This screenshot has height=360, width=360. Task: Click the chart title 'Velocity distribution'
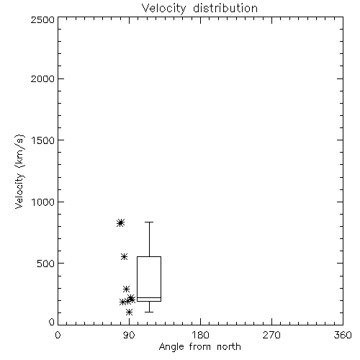199,9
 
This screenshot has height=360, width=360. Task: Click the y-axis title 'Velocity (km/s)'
19,171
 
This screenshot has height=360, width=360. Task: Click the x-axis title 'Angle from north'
199,347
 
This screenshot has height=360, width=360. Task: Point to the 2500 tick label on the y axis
42,19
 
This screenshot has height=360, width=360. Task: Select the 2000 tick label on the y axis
42,78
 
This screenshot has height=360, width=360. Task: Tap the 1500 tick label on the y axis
43,140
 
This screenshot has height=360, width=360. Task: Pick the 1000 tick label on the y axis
43,202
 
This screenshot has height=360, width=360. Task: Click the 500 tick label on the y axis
46,264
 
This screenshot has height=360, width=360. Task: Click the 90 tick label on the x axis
129,335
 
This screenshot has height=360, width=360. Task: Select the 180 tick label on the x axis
200,335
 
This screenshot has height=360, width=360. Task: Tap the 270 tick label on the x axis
271,335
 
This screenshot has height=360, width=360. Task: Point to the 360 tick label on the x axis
343,335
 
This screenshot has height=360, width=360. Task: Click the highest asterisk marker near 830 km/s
120,222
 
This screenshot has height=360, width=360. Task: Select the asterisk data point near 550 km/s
124,256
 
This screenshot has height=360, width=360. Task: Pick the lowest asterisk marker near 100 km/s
129,312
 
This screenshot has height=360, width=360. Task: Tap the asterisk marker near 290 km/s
126,289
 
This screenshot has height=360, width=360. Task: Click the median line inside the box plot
149,297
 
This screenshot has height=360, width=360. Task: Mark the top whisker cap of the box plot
149,222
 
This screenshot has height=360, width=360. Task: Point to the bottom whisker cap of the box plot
149,312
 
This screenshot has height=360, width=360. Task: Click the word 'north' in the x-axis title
228,347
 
